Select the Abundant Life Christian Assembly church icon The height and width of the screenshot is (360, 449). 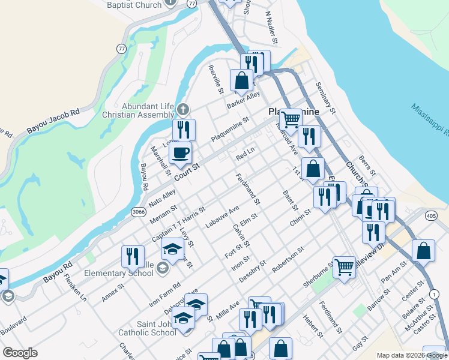pyautogui.click(x=184, y=110)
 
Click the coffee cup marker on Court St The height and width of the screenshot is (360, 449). pyautogui.click(x=180, y=152)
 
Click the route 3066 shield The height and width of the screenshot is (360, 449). pyautogui.click(x=139, y=212)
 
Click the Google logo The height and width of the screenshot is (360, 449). pyautogui.click(x=20, y=353)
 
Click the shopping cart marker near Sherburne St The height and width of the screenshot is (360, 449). pyautogui.click(x=345, y=266)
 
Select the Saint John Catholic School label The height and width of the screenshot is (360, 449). pyautogui.click(x=148, y=328)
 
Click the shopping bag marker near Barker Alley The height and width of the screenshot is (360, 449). pyautogui.click(x=241, y=80)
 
